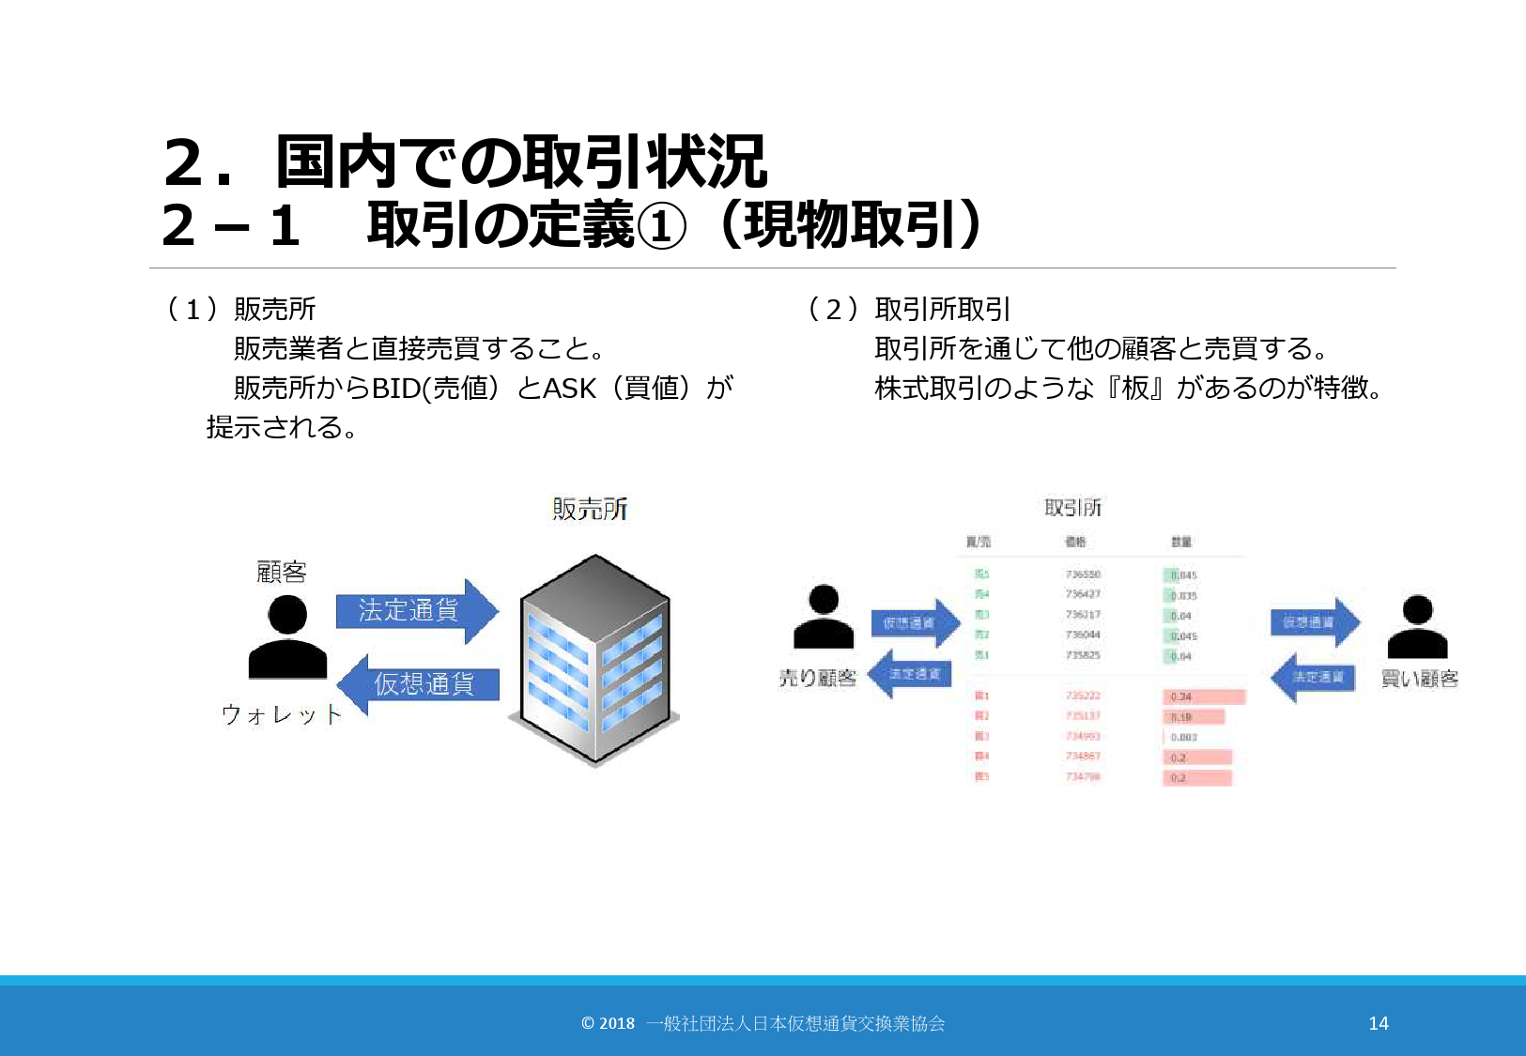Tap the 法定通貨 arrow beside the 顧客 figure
point(414,611)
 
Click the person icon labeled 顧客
point(287,637)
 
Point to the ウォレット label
point(281,715)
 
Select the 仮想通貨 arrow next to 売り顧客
point(914,622)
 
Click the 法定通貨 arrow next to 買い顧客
point(1315,676)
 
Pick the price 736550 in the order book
point(1083,574)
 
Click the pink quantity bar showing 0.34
point(1204,696)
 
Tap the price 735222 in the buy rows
point(1083,696)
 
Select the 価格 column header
point(1075,542)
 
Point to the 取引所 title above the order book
point(1072,508)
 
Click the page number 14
point(1378,1023)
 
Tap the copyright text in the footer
point(763,1023)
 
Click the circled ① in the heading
point(661,227)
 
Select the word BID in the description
point(396,388)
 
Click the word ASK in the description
point(569,388)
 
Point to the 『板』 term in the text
point(1134,388)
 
